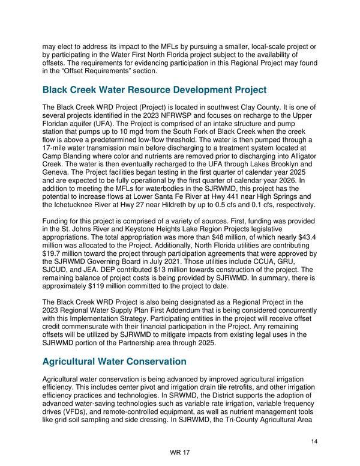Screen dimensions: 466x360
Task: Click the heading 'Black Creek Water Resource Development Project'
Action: tap(154, 90)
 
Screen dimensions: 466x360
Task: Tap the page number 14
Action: tap(314, 441)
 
